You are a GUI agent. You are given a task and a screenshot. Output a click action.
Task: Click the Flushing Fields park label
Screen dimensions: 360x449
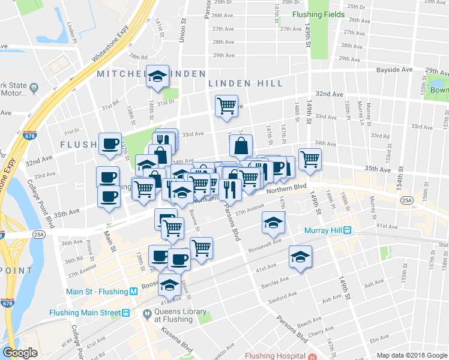[318, 14]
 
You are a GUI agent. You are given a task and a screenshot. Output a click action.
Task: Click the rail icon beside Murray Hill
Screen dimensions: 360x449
[346, 231]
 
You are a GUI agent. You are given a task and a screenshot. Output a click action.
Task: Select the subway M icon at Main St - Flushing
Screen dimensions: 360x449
[134, 292]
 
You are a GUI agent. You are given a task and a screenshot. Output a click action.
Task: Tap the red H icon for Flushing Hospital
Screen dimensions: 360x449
[312, 356]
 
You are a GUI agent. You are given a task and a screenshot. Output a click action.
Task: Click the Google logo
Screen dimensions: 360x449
[20, 353]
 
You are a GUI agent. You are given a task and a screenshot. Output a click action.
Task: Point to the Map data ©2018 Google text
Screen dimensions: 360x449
[411, 355]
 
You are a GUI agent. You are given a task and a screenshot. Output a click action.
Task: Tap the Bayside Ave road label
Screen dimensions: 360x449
[394, 70]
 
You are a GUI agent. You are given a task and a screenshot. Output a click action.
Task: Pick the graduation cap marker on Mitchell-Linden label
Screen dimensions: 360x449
[158, 76]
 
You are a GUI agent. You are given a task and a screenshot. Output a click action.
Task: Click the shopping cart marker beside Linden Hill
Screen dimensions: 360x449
[226, 106]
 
